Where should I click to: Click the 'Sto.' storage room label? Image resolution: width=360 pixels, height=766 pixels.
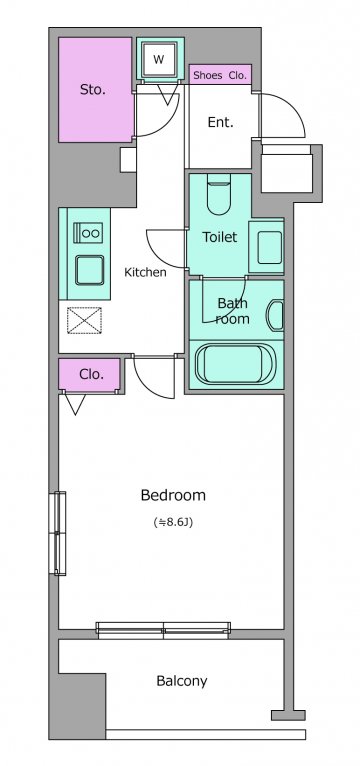coord(93,90)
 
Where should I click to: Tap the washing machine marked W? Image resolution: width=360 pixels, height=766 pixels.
coord(159,60)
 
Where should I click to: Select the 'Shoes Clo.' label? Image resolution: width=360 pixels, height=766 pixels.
coord(220,76)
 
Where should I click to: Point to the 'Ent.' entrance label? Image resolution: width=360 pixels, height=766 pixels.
coord(220,122)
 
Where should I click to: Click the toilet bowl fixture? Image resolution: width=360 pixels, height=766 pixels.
coord(218,194)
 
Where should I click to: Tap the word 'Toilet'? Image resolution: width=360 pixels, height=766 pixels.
coord(220,237)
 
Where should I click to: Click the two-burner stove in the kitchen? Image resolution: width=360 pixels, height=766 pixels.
coord(88,234)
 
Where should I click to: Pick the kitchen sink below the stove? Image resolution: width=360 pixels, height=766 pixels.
coord(89,270)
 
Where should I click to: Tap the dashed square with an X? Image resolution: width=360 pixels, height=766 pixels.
coord(84,320)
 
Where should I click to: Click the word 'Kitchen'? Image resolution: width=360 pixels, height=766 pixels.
coord(145,272)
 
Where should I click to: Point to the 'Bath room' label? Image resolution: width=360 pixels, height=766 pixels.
coord(233,311)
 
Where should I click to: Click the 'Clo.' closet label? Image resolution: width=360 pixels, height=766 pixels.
coord(91,375)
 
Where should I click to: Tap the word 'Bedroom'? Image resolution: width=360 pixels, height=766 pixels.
coord(173,495)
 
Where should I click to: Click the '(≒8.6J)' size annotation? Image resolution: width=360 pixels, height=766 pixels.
coord(173,522)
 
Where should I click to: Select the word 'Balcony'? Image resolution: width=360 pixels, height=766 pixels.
coord(182,681)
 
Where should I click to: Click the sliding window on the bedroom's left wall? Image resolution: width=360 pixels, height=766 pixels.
coord(58,533)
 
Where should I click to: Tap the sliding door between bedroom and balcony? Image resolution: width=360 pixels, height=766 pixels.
coord(163,630)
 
